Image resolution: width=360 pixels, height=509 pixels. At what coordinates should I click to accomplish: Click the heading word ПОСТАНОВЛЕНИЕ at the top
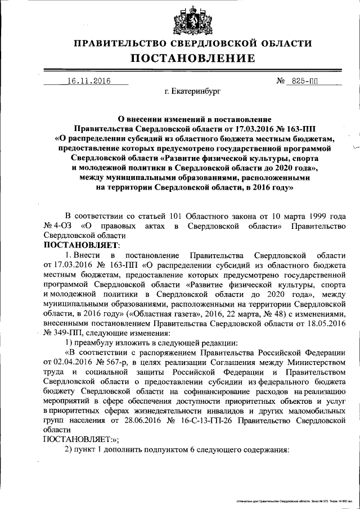click(193, 58)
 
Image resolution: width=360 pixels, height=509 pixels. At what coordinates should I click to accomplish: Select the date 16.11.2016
click(88, 81)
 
